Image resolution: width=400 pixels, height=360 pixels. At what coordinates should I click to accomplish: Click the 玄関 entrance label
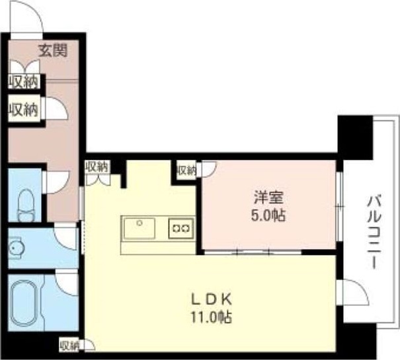(51, 49)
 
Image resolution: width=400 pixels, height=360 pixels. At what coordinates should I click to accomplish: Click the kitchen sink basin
(138, 229)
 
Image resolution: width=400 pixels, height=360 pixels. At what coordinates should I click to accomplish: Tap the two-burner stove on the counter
(180, 229)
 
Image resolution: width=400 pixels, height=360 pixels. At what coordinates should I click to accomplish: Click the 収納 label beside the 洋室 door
(186, 170)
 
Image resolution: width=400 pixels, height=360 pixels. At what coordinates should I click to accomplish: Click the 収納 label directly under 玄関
(22, 82)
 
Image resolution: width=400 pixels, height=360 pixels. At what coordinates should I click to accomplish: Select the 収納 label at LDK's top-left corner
(97, 166)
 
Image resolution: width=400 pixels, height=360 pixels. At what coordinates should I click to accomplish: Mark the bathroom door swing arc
(67, 283)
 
